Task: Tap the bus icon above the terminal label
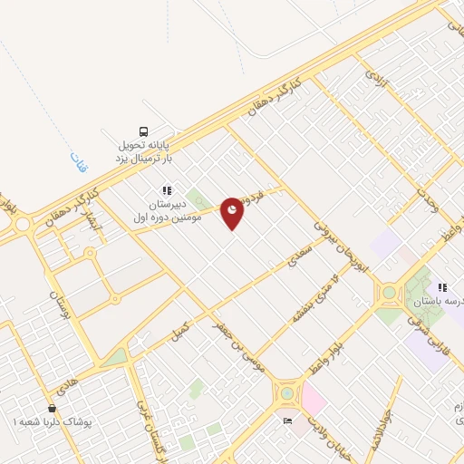143,130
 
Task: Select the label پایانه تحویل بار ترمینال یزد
142,150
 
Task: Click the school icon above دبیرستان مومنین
167,190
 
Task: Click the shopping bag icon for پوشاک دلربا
53,409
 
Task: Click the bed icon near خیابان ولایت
288,421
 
